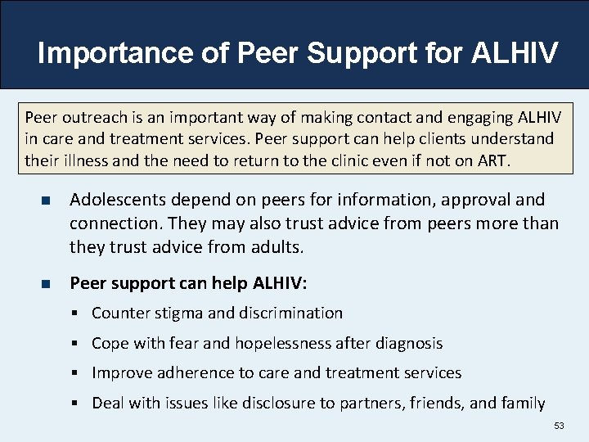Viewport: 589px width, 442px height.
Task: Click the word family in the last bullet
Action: pyautogui.click(x=523, y=403)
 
